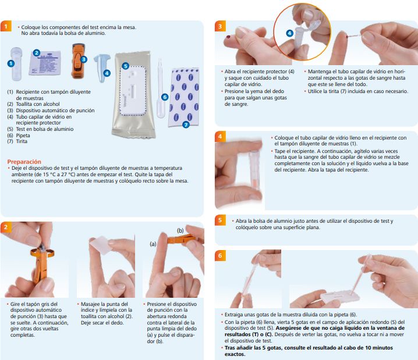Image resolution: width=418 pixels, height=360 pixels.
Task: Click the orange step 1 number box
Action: pyautogui.click(x=6, y=27)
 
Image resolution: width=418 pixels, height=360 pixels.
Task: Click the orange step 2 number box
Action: pyautogui.click(x=6, y=227)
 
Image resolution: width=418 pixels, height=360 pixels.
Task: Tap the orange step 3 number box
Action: pyautogui.click(x=220, y=27)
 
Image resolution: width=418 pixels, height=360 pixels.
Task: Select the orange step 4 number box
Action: pyautogui.click(x=220, y=137)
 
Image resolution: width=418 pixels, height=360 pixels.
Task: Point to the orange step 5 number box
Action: pyautogui.click(x=220, y=220)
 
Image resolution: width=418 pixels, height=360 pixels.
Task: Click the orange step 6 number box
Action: pyautogui.click(x=220, y=256)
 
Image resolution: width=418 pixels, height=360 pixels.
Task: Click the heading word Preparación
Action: pyautogui.click(x=24, y=162)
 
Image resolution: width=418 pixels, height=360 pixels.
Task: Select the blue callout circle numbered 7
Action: pyautogui.click(x=186, y=124)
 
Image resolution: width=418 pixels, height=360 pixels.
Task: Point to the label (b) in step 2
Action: pyautogui.click(x=180, y=230)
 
